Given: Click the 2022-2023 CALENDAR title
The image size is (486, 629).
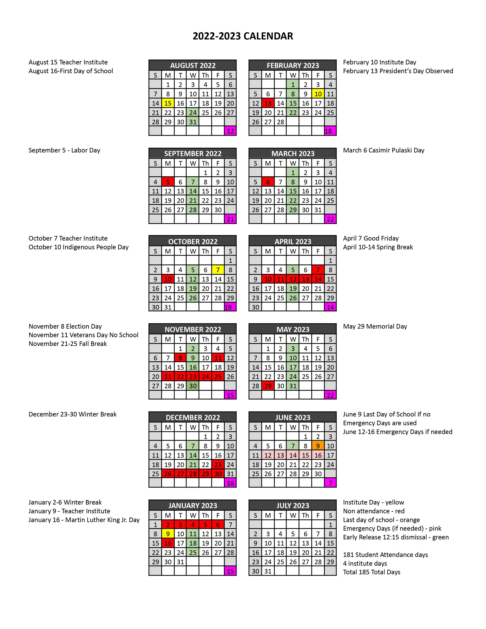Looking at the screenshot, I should point(243,36).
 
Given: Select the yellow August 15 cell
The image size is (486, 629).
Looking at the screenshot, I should point(168,103).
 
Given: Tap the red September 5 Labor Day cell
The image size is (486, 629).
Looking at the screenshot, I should point(168,182).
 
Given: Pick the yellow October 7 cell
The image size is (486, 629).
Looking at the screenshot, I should point(218,270).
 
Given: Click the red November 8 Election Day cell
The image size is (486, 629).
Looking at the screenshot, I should point(180,358).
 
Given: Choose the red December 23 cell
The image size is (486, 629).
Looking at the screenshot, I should point(218,465).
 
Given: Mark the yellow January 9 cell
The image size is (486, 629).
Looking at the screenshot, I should point(168,534).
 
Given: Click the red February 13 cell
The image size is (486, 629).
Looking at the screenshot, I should point(268,103).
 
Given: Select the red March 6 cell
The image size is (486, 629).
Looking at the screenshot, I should point(268,182).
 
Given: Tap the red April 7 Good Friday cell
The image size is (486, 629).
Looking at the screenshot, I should point(318,270).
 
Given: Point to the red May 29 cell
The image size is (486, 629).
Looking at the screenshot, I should point(268,386).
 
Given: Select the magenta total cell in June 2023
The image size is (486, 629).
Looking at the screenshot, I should point(330,483).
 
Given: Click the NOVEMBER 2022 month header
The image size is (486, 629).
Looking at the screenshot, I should point(193,330).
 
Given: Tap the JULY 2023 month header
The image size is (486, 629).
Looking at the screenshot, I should point(293,505).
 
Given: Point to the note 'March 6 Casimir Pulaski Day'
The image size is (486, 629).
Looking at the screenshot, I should point(383,150).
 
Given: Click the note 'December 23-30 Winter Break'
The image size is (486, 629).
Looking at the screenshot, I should point(73,414).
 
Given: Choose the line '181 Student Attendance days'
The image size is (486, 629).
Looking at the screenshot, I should point(385,555).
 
